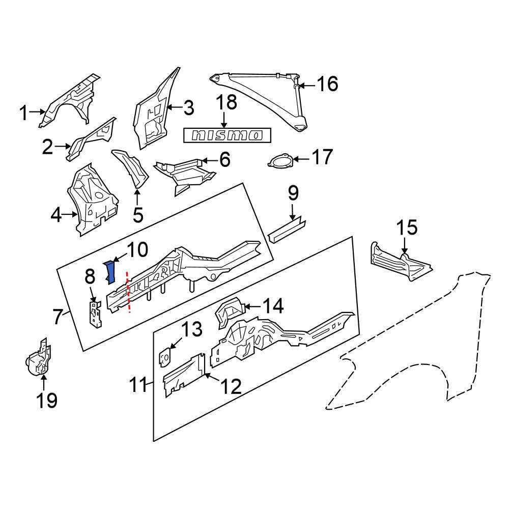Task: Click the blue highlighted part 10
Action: click(110, 271)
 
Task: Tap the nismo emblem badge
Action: click(227, 135)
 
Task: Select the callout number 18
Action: click(225, 102)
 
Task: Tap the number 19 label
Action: click(45, 400)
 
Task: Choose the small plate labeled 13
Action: click(164, 356)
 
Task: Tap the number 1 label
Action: click(24, 114)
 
